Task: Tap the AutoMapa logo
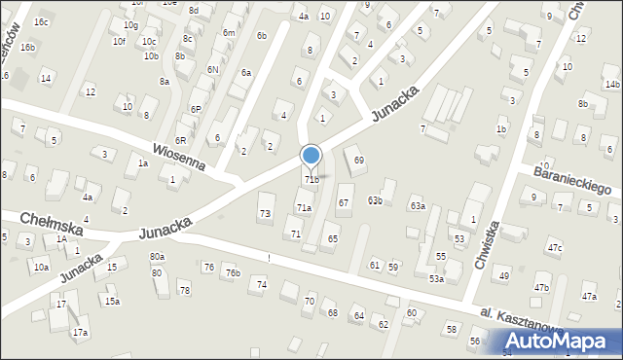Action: tap(561, 341)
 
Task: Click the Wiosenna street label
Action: tap(179, 156)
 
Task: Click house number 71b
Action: tap(312, 180)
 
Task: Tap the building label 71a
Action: tap(305, 208)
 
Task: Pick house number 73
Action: tap(264, 213)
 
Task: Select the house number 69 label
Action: tap(358, 161)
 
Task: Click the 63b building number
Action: tap(375, 200)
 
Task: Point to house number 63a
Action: tap(417, 206)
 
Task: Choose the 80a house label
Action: tap(157, 257)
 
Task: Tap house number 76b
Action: tap(233, 273)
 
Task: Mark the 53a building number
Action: tap(437, 279)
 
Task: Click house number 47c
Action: tap(554, 248)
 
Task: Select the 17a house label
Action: tap(80, 333)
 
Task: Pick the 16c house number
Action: tap(41, 21)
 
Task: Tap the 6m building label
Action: tap(229, 33)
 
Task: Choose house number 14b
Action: tap(611, 85)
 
